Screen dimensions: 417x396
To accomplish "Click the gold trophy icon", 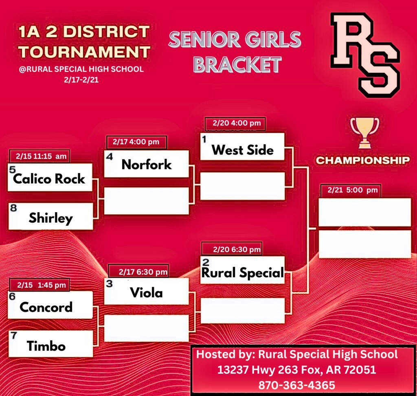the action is click(x=364, y=132).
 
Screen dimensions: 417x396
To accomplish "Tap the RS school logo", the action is click(x=365, y=55).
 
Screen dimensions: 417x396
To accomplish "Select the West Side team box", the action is click(x=242, y=147).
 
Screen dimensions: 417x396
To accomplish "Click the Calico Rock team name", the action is click(x=49, y=178).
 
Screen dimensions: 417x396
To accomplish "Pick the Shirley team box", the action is click(x=51, y=216).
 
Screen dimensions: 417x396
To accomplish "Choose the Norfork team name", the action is click(x=147, y=164).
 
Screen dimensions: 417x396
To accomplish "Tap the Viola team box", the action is click(x=146, y=291).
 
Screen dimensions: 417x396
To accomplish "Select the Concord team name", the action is click(x=46, y=307).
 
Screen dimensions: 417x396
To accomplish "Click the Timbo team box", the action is click(x=51, y=344).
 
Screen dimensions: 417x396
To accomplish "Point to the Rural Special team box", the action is click(x=242, y=270).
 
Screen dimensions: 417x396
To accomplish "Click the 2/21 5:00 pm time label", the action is click(x=353, y=190).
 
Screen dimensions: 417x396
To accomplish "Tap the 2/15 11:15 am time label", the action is click(x=41, y=156).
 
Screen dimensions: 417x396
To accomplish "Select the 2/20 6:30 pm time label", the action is click(x=237, y=249).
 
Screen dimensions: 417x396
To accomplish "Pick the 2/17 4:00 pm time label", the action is click(x=136, y=142).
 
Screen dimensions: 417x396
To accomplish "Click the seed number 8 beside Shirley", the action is click(x=13, y=208).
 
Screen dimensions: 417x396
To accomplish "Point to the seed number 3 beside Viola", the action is click(x=109, y=284).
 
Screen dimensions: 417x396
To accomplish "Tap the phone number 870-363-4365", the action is click(x=297, y=385).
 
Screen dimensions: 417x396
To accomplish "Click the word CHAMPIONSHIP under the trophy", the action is click(x=363, y=160).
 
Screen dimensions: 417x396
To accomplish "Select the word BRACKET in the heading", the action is click(x=237, y=65).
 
